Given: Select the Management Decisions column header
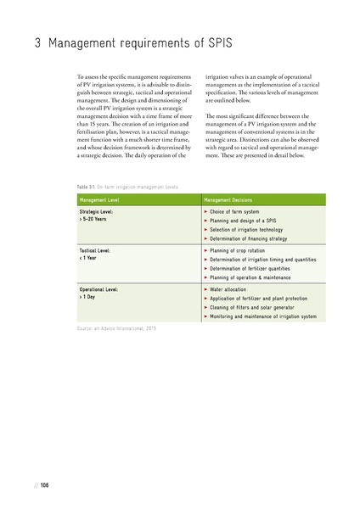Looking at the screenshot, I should coord(231,199).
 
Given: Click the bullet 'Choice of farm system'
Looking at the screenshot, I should coord(241,210).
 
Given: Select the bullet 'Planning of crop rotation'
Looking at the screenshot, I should coord(246,252).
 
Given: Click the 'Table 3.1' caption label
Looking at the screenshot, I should coord(87,185).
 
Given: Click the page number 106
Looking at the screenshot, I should coord(44,484).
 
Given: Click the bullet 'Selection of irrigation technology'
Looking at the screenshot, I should coord(257,228).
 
